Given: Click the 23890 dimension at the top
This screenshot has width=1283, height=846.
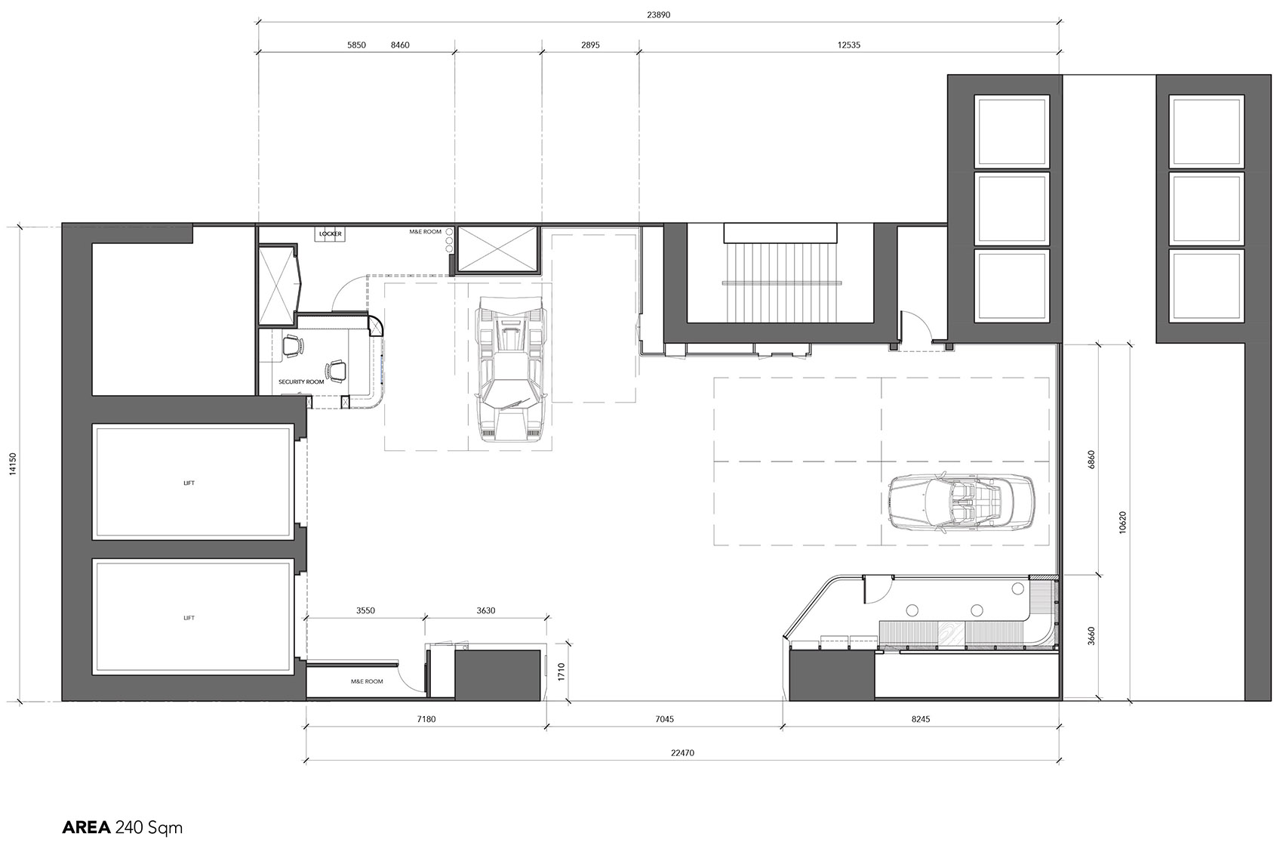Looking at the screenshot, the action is click(658, 15).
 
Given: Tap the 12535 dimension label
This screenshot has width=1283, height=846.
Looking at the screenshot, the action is click(849, 45).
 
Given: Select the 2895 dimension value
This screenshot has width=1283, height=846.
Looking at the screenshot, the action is click(590, 45).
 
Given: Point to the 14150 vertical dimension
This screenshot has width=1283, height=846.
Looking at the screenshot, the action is click(13, 464).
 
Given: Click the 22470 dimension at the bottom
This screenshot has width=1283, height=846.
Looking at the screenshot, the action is click(683, 752).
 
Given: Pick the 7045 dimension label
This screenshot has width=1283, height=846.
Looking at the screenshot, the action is click(664, 719).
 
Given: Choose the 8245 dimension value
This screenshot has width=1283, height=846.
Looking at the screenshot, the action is click(921, 719).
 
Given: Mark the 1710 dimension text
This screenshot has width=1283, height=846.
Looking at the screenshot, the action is click(562, 672).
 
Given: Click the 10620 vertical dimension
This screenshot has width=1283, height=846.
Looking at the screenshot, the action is click(1122, 522).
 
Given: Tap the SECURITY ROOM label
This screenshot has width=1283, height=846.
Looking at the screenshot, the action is click(301, 381).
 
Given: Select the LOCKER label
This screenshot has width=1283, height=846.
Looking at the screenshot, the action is click(331, 234).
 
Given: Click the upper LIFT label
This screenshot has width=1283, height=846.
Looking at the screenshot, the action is click(189, 483).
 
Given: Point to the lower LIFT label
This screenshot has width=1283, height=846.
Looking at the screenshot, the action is click(189, 618).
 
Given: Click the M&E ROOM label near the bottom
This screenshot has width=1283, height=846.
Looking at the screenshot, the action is click(367, 681).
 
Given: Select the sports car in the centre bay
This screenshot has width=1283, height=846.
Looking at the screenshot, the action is click(512, 369).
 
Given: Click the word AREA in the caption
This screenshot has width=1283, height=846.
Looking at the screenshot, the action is click(87, 828).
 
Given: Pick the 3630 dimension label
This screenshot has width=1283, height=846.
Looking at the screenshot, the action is click(486, 610).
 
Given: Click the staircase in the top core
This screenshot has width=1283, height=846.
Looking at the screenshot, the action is click(780, 282).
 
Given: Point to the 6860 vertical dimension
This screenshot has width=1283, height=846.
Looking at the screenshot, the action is click(1091, 460).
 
